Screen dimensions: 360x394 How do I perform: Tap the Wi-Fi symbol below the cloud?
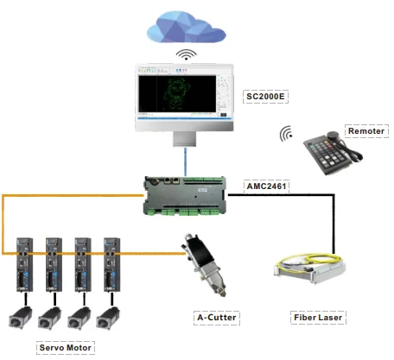tap(183, 55)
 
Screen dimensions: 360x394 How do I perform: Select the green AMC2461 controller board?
tap(187, 198)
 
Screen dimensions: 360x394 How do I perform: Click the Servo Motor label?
tap(66, 347)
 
